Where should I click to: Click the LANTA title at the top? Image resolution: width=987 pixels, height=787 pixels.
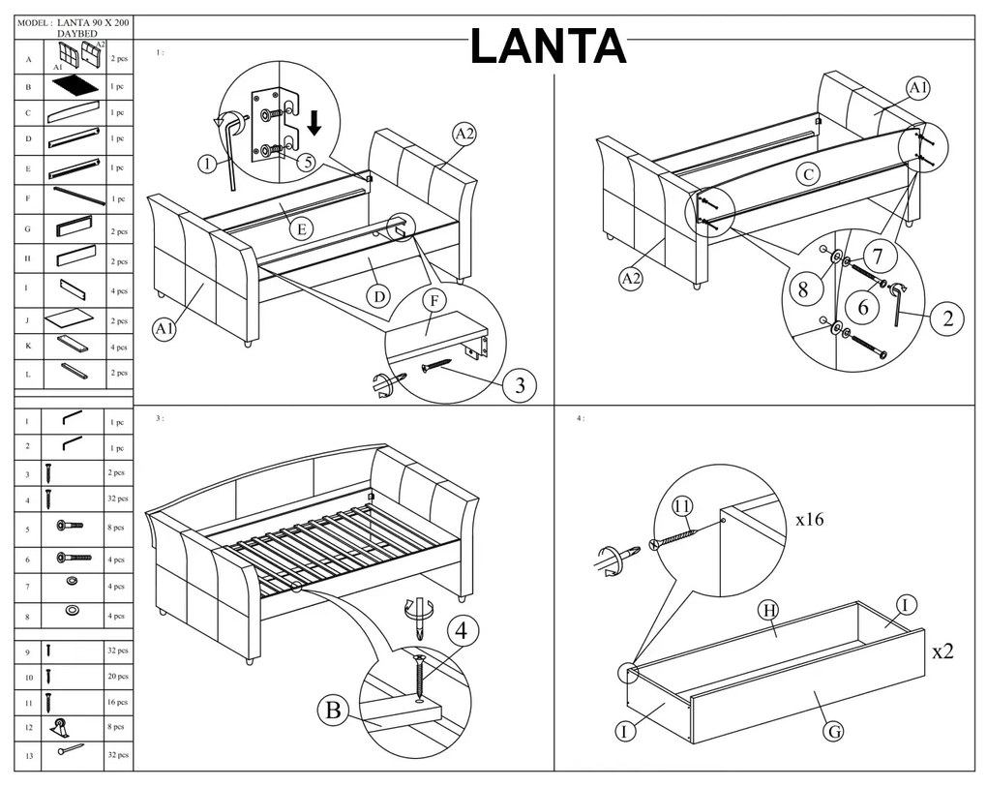[x=549, y=46]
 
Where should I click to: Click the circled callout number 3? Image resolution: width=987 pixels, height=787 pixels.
[x=519, y=385]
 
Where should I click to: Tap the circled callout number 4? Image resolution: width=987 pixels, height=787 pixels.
[x=462, y=631]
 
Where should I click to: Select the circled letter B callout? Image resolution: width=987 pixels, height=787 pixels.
[x=333, y=711]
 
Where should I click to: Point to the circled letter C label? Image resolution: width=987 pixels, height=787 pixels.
[x=808, y=175]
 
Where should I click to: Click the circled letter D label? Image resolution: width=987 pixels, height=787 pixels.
[x=377, y=296]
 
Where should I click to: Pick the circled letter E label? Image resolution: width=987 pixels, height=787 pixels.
[x=303, y=228]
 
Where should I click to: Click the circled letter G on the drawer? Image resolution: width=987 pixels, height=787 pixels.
[x=833, y=731]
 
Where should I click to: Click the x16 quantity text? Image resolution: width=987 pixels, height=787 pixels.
[x=809, y=519]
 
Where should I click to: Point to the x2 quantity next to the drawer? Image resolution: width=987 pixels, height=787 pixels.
[x=942, y=651]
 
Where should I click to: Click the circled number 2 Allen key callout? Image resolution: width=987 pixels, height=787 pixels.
[x=947, y=318]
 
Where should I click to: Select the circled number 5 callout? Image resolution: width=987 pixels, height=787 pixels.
[x=308, y=163]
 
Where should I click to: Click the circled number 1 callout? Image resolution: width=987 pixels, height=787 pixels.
[x=207, y=164]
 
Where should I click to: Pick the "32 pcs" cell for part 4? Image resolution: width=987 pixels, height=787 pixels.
[x=118, y=499]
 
